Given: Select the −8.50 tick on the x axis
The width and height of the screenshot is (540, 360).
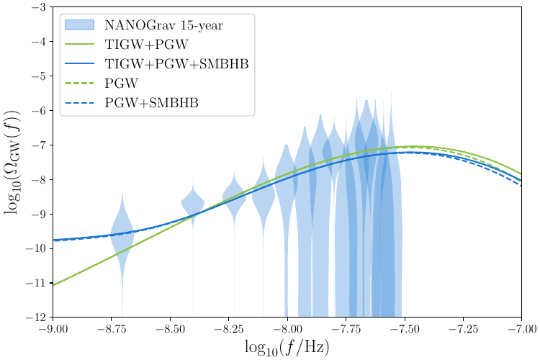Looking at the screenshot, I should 170,330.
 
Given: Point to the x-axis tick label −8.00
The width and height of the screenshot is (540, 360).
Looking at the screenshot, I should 287,330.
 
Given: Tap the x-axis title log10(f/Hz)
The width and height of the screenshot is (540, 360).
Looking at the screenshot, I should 287,347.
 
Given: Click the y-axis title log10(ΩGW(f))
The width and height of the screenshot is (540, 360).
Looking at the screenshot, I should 13,162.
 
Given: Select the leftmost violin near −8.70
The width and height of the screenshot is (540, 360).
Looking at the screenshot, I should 122,234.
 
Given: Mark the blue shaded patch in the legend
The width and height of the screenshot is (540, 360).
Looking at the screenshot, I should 81,24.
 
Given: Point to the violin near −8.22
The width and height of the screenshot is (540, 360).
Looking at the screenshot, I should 234,194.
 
